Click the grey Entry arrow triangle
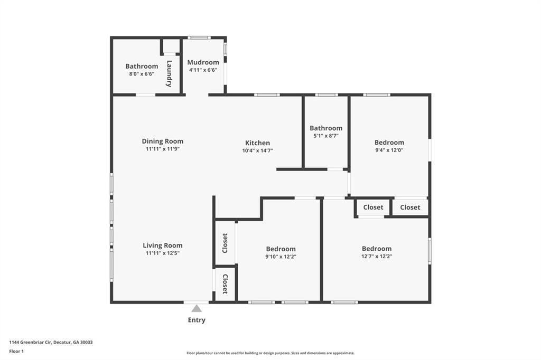coord(197,308)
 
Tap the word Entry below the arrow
coord(197,320)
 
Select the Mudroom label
coord(203,62)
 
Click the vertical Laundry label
coord(169,73)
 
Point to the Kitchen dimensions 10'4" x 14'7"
coord(258,150)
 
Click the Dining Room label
coord(163,141)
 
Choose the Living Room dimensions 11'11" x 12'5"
coord(163,253)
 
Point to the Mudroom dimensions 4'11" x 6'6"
coord(203,70)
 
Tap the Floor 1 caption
coord(16,352)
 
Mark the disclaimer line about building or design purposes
coord(270,353)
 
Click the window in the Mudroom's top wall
coord(199,37)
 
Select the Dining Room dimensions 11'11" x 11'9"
coord(163,149)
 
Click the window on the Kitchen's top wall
coord(267,95)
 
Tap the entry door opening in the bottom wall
coord(197,302)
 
